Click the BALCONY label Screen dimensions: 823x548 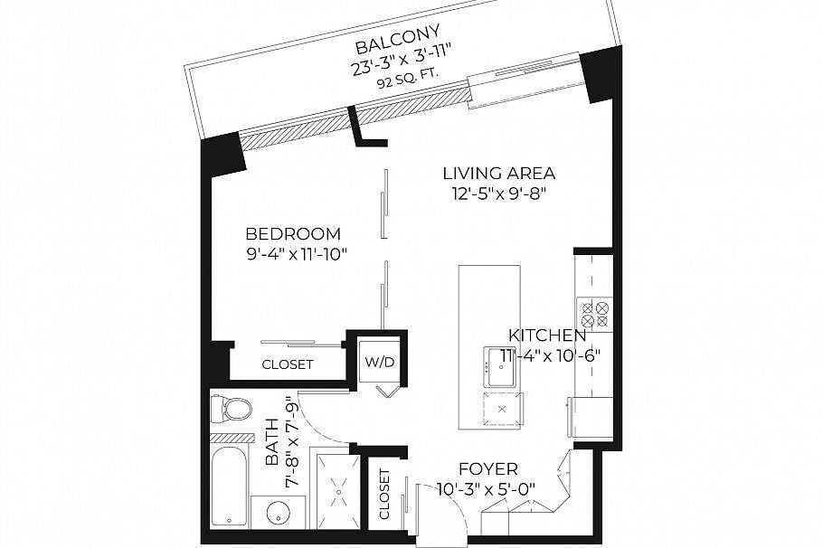click(x=397, y=39)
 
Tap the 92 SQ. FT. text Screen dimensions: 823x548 click(x=408, y=79)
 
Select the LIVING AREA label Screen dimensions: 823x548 click(x=499, y=173)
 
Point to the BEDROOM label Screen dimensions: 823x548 click(x=293, y=233)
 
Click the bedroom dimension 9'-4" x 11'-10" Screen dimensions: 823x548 click(x=297, y=255)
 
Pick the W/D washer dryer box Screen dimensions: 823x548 click(x=380, y=363)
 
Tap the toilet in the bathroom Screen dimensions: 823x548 click(x=231, y=410)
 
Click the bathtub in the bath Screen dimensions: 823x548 click(x=230, y=487)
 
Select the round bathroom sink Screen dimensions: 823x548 click(x=278, y=513)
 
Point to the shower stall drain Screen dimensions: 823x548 click(x=338, y=492)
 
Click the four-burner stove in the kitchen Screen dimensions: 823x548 click(x=595, y=314)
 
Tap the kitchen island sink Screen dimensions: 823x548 click(x=501, y=366)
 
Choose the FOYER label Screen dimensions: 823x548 click(x=488, y=468)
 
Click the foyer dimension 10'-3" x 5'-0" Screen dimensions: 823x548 click(x=486, y=489)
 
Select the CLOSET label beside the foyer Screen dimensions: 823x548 click(x=384, y=494)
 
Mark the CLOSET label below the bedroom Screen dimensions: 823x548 click(x=288, y=364)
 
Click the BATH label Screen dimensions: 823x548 click(x=272, y=442)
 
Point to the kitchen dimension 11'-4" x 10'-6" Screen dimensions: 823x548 click(x=550, y=356)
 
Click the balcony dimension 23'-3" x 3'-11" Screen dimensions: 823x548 click(x=402, y=61)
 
